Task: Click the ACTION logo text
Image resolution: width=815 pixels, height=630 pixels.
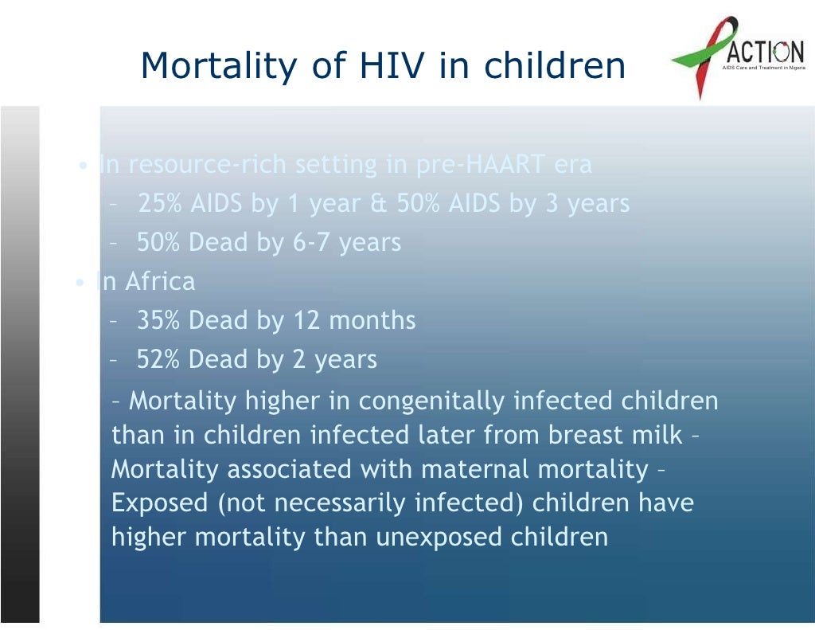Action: tap(762, 52)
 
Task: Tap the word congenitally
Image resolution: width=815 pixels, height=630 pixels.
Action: tap(431, 401)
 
